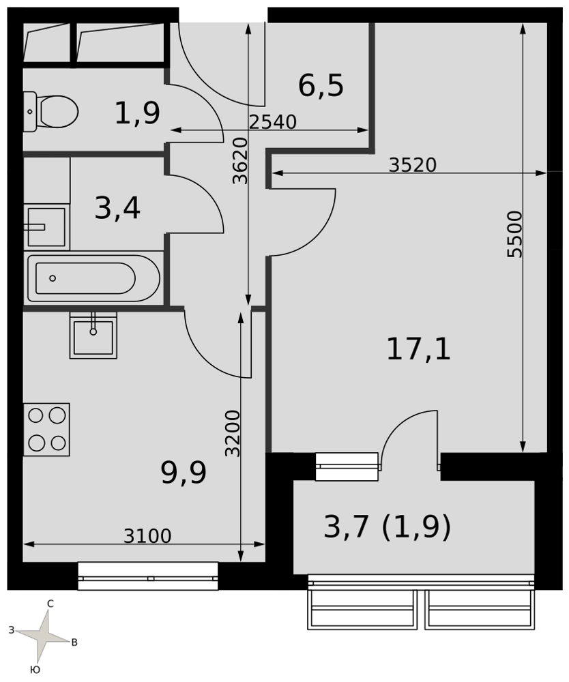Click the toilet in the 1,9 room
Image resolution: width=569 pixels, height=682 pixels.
coord(50,112)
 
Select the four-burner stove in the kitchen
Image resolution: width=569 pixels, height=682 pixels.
coord(46,429)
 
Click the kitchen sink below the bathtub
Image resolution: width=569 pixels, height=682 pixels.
coord(93,335)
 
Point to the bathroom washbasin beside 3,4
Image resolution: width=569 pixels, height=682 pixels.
coord(46,227)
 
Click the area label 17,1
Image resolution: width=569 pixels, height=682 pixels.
coord(418,350)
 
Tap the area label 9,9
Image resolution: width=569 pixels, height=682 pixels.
coord(184,474)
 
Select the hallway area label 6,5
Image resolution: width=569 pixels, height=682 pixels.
coord(321,86)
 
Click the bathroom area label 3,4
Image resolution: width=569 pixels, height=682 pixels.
coord(117,208)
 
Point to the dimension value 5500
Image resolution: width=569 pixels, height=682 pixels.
coord(514,234)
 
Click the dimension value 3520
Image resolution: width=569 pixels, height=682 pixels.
coord(412,165)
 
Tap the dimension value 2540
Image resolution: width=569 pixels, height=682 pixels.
coord(273,122)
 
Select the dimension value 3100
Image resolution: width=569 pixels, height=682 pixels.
coord(147,536)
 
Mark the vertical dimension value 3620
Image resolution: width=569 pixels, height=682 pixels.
coord(239,161)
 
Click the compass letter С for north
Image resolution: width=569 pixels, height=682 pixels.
coord(50,604)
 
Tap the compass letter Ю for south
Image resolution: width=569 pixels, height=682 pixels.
coord(35,670)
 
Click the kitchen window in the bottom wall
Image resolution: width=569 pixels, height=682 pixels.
coord(148,576)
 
